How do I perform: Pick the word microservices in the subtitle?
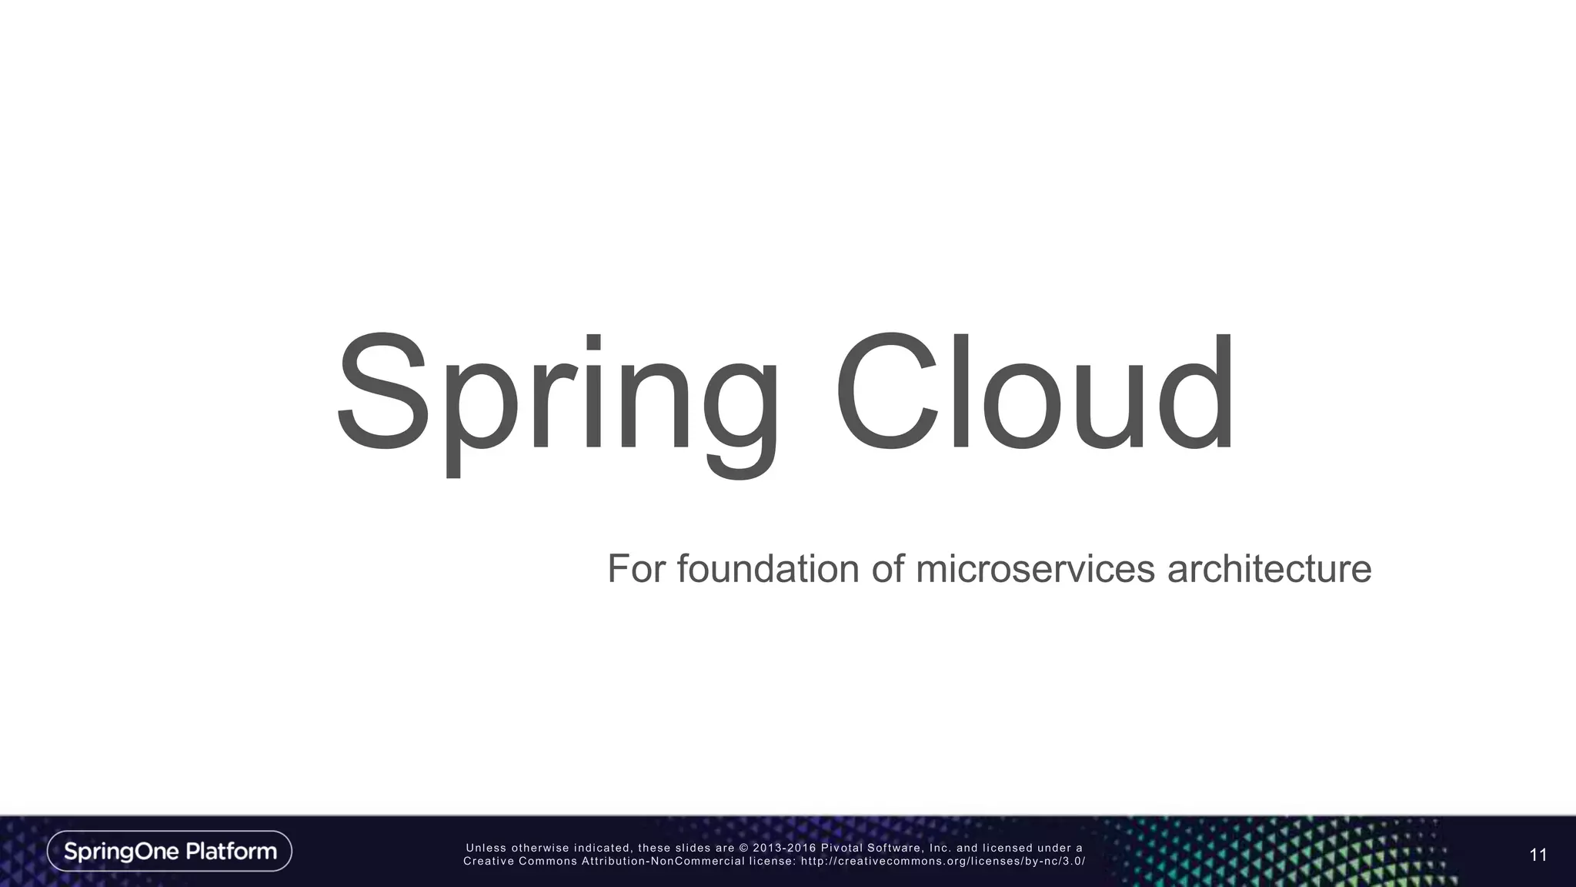point(1035,569)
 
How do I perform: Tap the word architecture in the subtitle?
point(1269,569)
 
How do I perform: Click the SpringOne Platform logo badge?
point(169,851)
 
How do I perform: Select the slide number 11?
point(1538,855)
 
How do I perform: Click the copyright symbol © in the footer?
point(744,849)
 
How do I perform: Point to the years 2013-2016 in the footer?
point(784,849)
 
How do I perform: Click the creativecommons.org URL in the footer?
point(943,862)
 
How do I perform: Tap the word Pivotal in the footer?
point(841,849)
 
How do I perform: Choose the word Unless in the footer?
point(486,849)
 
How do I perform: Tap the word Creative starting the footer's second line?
point(488,862)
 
